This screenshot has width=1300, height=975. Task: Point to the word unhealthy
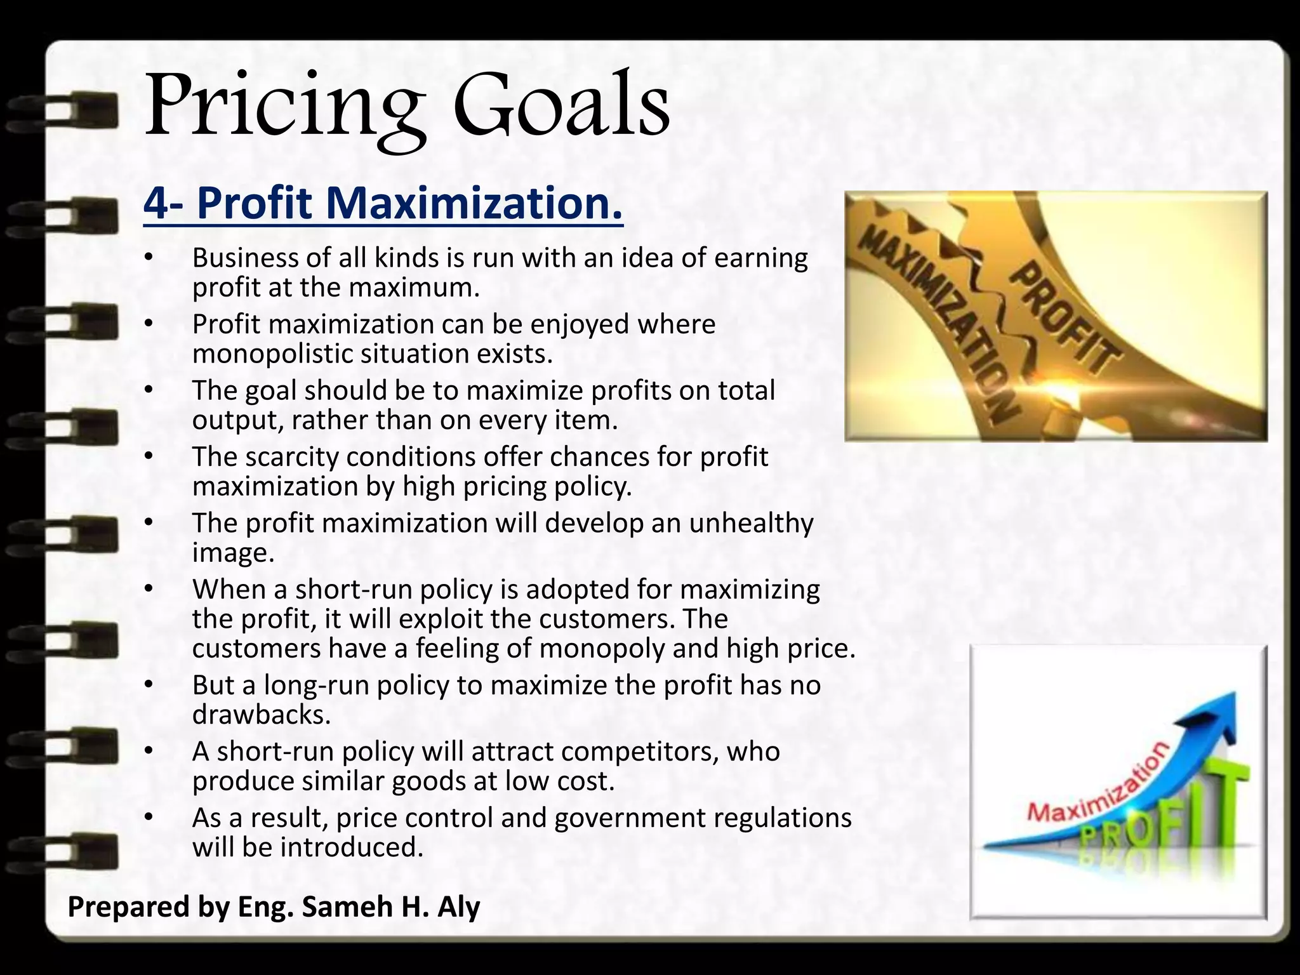pyautogui.click(x=751, y=524)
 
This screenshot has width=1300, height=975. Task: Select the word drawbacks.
pyautogui.click(x=262, y=715)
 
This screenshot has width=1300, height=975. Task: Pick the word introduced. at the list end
pyautogui.click(x=352, y=848)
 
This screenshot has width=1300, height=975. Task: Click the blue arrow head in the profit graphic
pyautogui.click(x=1206, y=717)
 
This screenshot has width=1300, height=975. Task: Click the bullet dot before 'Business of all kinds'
pyautogui.click(x=149, y=258)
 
